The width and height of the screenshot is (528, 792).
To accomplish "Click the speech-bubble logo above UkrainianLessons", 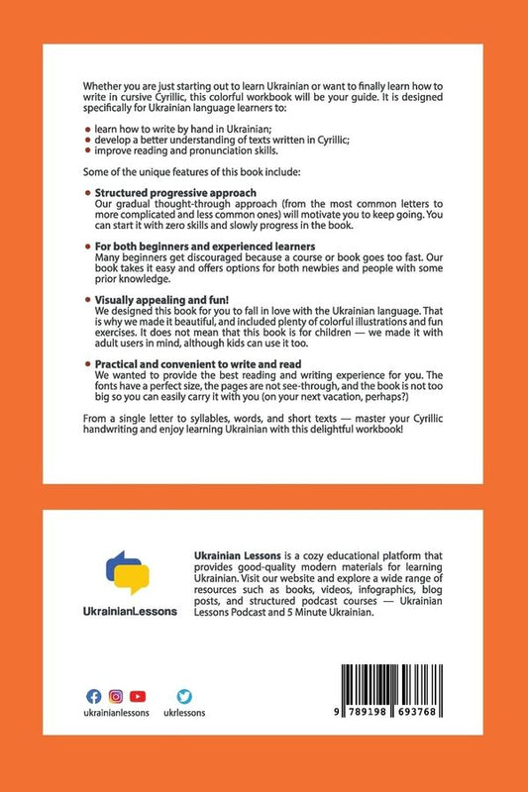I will (128, 573).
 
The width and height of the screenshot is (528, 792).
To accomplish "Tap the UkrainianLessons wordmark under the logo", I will (128, 612).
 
